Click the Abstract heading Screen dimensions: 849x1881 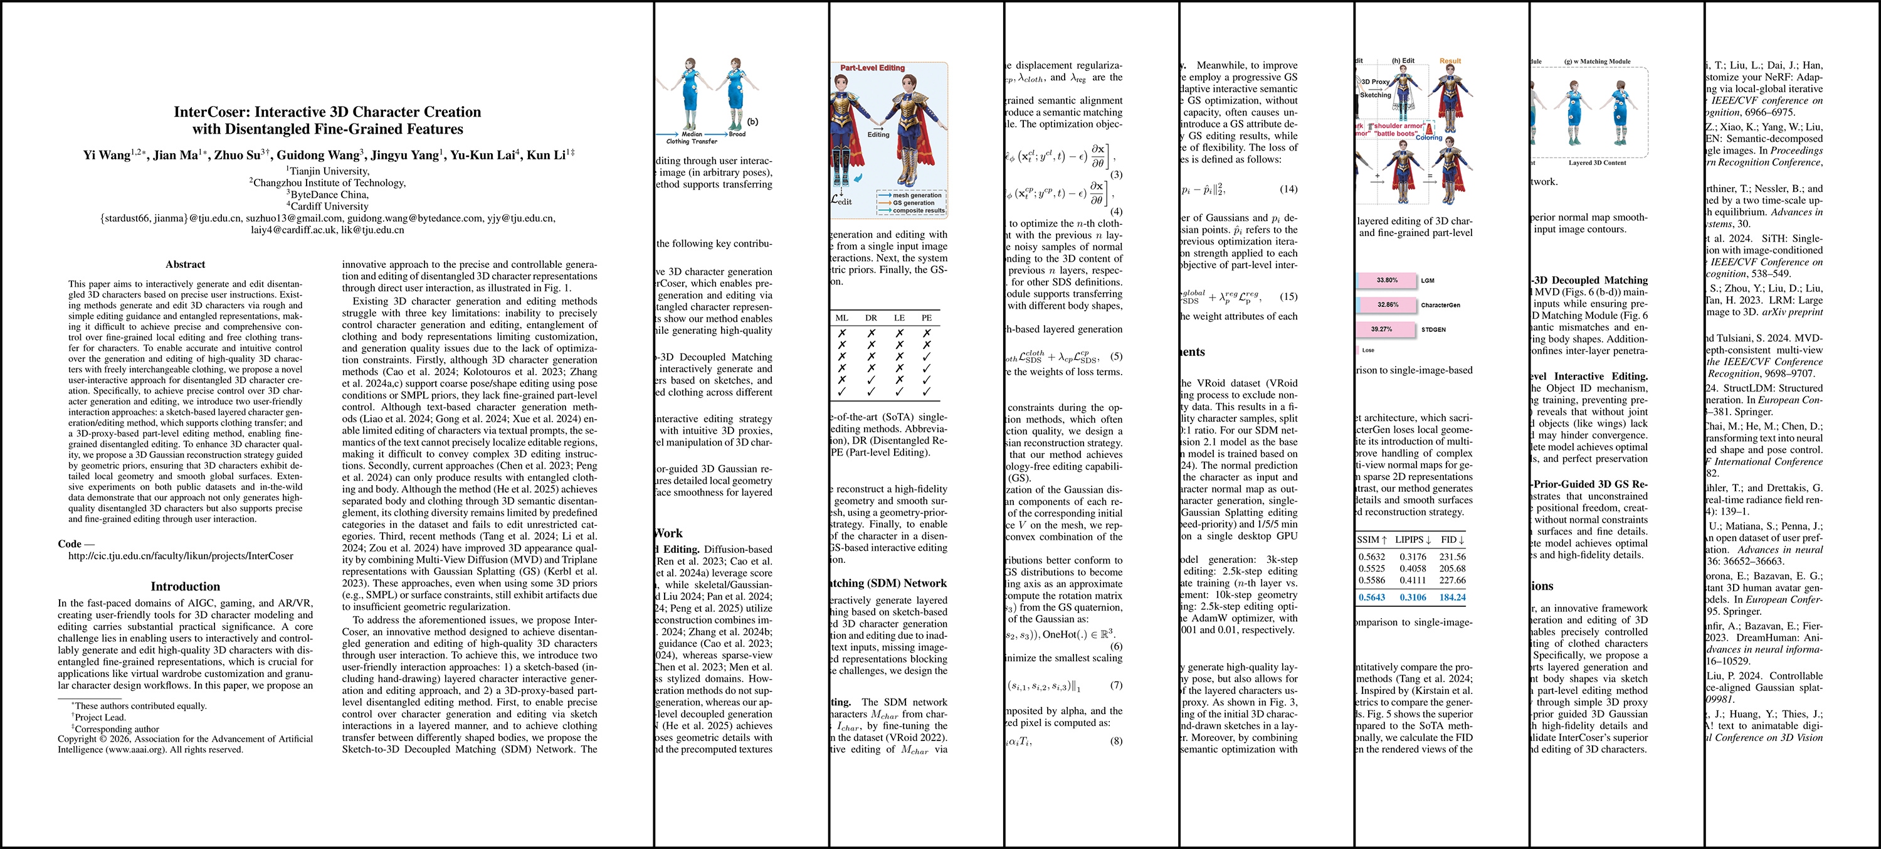pos(185,265)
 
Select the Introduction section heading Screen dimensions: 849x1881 pos(185,586)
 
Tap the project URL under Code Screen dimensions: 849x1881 pos(181,556)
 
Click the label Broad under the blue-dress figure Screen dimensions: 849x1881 pos(737,134)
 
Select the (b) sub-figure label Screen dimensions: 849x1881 pos(752,122)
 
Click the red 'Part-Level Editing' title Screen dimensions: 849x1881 pos(872,68)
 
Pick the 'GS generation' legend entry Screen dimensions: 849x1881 pos(913,203)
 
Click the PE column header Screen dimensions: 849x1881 pos(927,318)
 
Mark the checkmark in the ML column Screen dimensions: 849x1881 pos(842,392)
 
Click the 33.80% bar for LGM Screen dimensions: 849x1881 pos(1387,280)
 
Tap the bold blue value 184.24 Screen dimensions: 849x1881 pos(1452,597)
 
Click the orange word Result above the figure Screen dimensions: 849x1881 pos(1450,61)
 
